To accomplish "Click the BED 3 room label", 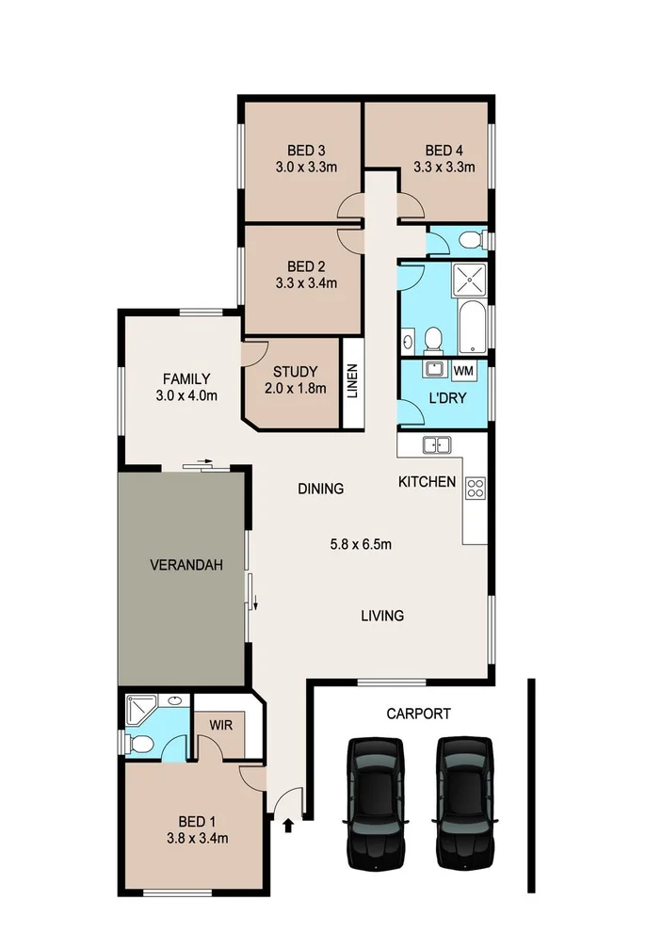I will tap(306, 151).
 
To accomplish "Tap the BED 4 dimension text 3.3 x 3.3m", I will tap(444, 168).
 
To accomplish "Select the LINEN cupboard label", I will tap(351, 382).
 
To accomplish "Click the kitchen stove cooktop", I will tap(476, 488).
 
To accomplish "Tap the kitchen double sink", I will tap(437, 445).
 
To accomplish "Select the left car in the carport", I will tap(377, 801).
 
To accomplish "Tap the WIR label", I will tap(221, 726).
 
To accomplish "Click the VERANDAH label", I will tap(186, 566).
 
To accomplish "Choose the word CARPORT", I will tap(418, 714).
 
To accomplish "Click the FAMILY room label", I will tap(185, 379).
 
